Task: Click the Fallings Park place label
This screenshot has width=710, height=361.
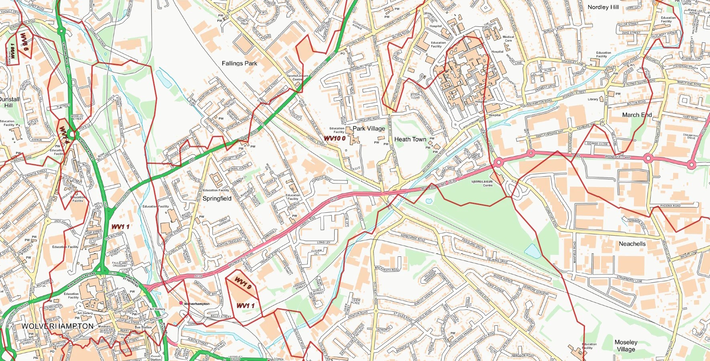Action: pyautogui.click(x=239, y=63)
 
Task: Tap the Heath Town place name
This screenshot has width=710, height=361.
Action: pyautogui.click(x=410, y=139)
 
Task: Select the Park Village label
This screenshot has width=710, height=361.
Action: pyautogui.click(x=369, y=129)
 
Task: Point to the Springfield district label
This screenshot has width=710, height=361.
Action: pyautogui.click(x=217, y=198)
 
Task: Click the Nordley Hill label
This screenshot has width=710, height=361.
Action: pyautogui.click(x=603, y=7)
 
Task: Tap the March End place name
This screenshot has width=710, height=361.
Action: pyautogui.click(x=637, y=115)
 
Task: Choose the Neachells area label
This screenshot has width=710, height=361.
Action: pyautogui.click(x=632, y=244)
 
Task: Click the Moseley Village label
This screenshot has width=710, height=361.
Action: pyautogui.click(x=626, y=345)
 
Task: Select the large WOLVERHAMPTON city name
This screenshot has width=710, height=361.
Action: pyautogui.click(x=57, y=326)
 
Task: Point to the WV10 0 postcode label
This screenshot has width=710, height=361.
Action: pyautogui.click(x=335, y=138)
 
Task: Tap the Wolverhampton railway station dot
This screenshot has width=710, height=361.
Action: pyautogui.click(x=181, y=303)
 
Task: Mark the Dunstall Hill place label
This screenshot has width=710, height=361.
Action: pyautogui.click(x=9, y=102)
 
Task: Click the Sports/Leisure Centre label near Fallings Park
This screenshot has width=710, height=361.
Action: pyautogui.click(x=297, y=77)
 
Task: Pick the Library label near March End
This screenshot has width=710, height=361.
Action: pyautogui.click(x=593, y=99)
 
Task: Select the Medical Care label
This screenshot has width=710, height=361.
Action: pyautogui.click(x=508, y=38)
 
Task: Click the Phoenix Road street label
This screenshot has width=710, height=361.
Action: pyautogui.click(x=670, y=206)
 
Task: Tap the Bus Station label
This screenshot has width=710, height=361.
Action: pyautogui.click(x=143, y=327)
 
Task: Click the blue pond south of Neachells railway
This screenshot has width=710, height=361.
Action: pyautogui.click(x=532, y=251)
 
